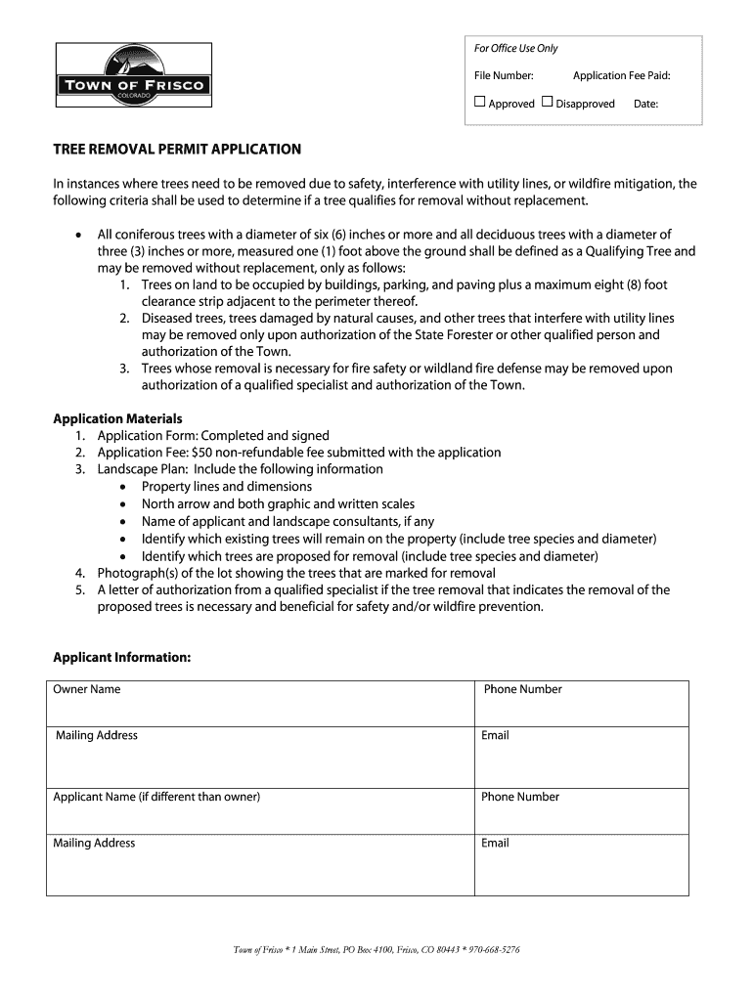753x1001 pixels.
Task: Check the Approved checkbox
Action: click(480, 102)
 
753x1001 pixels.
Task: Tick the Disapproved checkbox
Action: click(547, 102)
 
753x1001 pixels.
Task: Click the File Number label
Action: click(504, 75)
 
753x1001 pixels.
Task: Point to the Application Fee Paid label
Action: click(621, 75)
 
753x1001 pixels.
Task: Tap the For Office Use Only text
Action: click(515, 49)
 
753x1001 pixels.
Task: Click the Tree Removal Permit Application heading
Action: click(177, 150)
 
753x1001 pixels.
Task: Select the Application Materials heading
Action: click(117, 418)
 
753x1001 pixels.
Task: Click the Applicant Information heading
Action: click(121, 657)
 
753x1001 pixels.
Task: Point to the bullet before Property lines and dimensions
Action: click(122, 487)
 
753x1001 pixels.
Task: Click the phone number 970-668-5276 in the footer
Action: click(493, 949)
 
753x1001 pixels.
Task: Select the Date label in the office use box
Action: click(645, 104)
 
